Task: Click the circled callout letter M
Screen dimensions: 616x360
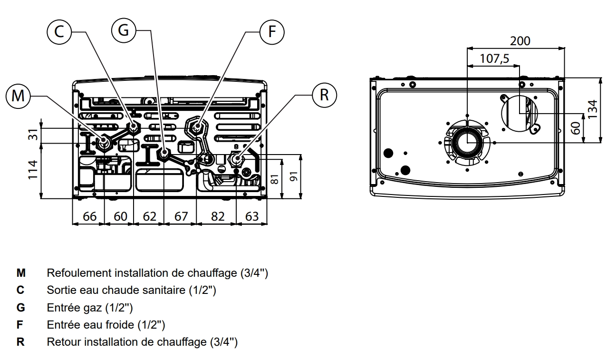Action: click(x=18, y=96)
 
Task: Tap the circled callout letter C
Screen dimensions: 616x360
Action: click(x=59, y=32)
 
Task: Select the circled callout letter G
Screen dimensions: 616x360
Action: click(x=124, y=30)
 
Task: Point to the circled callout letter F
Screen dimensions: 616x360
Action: click(x=272, y=32)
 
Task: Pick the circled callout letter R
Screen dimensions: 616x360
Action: click(x=325, y=95)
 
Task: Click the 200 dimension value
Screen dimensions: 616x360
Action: click(x=520, y=41)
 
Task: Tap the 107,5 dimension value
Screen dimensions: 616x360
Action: click(x=494, y=58)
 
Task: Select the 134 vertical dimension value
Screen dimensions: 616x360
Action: click(x=593, y=109)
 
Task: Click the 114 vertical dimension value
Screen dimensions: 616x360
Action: click(x=33, y=170)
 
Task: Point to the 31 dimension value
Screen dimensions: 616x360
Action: click(x=33, y=135)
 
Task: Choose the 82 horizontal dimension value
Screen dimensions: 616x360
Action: click(x=218, y=216)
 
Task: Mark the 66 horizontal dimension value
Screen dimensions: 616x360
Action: click(x=90, y=216)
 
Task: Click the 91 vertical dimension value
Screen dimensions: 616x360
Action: click(x=294, y=176)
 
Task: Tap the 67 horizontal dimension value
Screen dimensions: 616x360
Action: click(x=181, y=216)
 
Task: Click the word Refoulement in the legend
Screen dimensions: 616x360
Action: click(x=79, y=273)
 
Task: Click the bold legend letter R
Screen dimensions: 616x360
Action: click(x=20, y=342)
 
